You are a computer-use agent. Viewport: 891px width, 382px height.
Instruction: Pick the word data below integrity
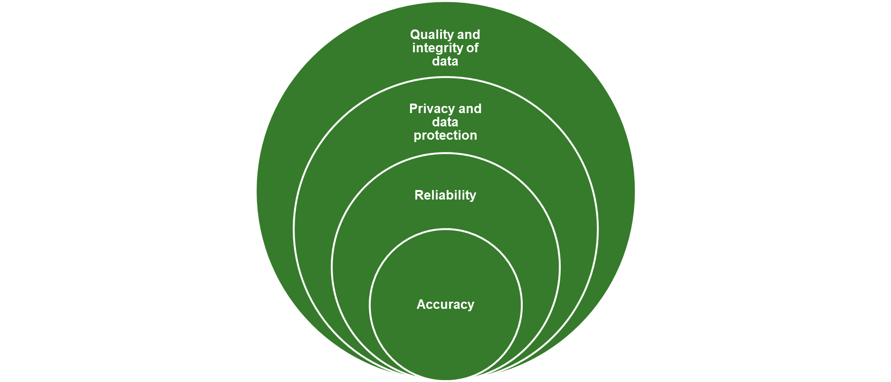[x=445, y=61]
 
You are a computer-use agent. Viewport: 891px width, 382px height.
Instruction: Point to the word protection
[x=445, y=135]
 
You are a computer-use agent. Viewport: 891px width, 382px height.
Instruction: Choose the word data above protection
[x=445, y=122]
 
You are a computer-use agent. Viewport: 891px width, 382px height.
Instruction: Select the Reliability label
[x=445, y=195]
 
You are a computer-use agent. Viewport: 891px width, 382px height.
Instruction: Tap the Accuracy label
[x=445, y=305]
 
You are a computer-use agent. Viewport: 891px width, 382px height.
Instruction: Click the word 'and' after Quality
[x=469, y=35]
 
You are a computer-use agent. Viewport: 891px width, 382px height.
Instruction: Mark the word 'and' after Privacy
[x=470, y=109]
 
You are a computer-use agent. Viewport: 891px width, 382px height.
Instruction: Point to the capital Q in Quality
[x=415, y=35]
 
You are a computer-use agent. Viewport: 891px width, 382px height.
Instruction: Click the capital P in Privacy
[x=413, y=109]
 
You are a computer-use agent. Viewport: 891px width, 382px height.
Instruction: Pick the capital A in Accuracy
[x=421, y=305]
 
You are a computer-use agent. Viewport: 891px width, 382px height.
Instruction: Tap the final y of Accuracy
[x=470, y=306]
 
